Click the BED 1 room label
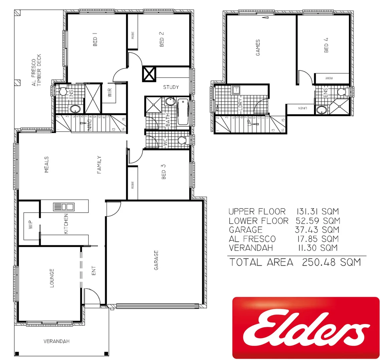(95, 41)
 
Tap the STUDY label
(171, 87)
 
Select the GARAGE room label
(156, 260)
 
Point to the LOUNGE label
(52, 278)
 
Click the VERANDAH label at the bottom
(57, 341)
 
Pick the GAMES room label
(258, 47)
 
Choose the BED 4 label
(326, 45)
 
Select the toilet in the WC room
(182, 140)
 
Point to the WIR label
(110, 92)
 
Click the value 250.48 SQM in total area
(331, 262)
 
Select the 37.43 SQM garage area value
(317, 230)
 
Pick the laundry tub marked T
(236, 90)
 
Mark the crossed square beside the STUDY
(149, 73)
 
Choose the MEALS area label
(46, 164)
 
